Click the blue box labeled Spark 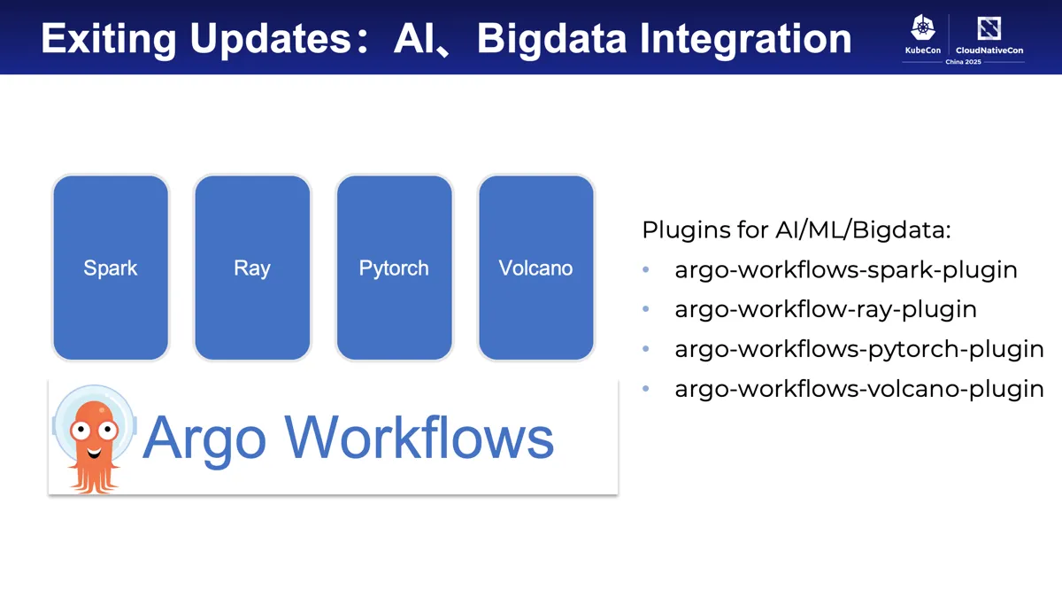(x=111, y=268)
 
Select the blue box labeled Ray (x=252, y=268)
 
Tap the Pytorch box (x=394, y=268)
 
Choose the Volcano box (x=535, y=268)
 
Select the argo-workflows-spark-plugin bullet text (x=845, y=270)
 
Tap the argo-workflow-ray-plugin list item (x=825, y=309)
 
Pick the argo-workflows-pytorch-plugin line (x=858, y=349)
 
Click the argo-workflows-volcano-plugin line (x=858, y=388)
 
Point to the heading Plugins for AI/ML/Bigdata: (x=796, y=230)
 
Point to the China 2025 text (x=962, y=61)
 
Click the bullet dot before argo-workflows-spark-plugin (x=646, y=270)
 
